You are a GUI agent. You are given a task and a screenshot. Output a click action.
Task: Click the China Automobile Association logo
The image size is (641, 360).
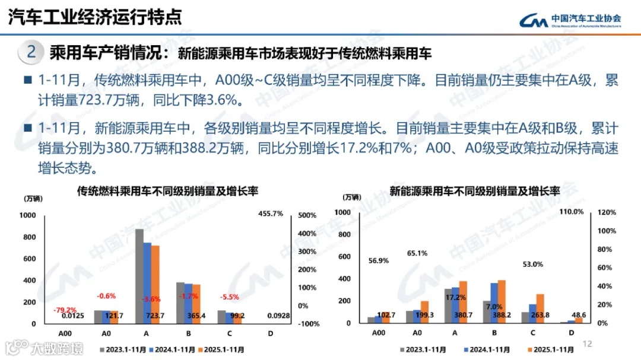[x=570, y=20]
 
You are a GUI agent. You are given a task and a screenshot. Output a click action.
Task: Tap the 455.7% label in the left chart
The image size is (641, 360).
[x=271, y=214]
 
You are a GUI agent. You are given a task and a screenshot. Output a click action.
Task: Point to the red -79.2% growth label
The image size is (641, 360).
[x=64, y=310]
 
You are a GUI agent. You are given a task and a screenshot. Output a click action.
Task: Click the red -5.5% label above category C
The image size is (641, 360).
[x=230, y=297]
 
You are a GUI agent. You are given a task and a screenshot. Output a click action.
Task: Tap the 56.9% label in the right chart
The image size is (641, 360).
[x=378, y=260]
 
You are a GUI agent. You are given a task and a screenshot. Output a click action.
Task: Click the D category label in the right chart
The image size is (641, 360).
[x=572, y=333]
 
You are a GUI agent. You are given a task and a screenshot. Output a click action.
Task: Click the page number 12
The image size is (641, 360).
[x=588, y=344]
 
